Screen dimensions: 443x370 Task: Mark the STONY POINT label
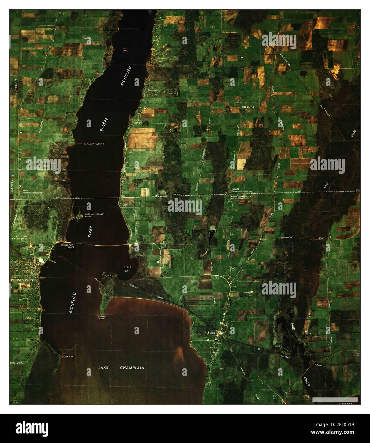tap(68, 357)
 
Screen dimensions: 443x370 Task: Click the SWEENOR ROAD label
tap(18, 363)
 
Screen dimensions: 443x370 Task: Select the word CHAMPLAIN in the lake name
tap(132, 368)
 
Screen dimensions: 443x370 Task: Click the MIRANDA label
tap(248, 107)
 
